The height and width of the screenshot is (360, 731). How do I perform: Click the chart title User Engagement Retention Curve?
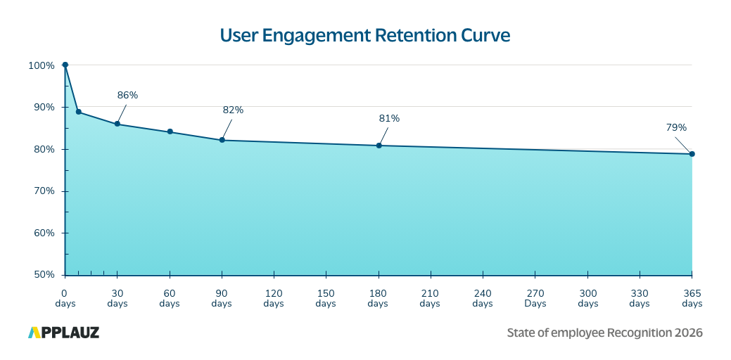364,35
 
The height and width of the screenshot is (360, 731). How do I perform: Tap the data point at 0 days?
65,65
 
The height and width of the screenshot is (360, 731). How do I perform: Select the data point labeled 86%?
117,124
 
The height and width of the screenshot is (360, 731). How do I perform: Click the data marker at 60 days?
170,131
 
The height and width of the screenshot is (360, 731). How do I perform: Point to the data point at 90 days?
222,140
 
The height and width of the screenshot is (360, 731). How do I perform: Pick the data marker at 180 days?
379,146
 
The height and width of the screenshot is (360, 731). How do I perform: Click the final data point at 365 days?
692,154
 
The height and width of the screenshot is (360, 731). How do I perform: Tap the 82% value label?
233,110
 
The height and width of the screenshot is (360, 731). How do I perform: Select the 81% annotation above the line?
389,118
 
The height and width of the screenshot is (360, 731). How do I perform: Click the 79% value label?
676,127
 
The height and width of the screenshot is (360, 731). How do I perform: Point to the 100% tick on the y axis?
42,65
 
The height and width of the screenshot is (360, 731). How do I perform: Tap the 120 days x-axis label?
274,298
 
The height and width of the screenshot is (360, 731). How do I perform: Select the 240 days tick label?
483,298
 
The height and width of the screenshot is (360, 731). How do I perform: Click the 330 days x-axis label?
640,298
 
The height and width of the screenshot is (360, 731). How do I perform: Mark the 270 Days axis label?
535,298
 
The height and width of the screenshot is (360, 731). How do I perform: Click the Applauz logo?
64,333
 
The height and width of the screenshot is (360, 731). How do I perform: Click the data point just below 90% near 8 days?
78,112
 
